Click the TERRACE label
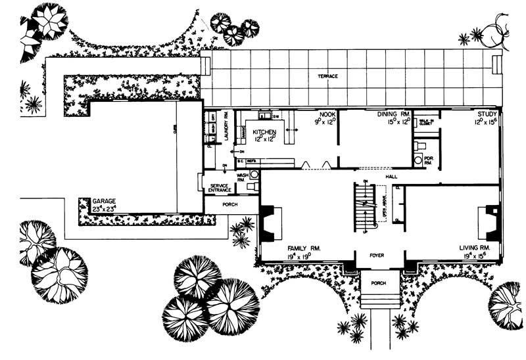(x=327, y=77)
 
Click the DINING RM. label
(x=393, y=114)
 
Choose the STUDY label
(x=488, y=114)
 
